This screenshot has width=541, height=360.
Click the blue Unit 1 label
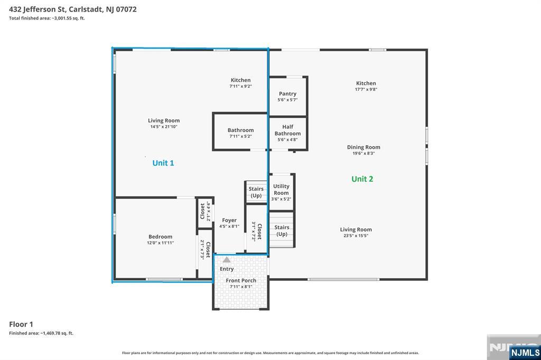[x=163, y=163]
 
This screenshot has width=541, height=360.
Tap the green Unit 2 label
[x=362, y=179]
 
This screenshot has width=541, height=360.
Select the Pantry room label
[x=288, y=94]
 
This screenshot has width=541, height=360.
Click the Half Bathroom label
[x=288, y=130]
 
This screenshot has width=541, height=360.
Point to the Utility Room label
[x=281, y=190]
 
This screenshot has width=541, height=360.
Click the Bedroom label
[x=161, y=236]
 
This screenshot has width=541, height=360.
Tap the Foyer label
[x=229, y=220]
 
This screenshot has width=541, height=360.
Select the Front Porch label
[x=241, y=280]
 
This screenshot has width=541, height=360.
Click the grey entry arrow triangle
[x=226, y=259]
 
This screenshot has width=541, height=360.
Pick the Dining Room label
[x=363, y=147]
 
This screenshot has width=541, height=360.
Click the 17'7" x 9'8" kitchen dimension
[x=366, y=89]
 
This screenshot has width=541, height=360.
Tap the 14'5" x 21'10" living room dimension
[x=164, y=127]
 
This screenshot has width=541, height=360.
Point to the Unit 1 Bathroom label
[x=240, y=130]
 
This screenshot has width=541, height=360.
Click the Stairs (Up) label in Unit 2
[x=282, y=231]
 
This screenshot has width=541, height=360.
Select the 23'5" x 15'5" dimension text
[x=356, y=236]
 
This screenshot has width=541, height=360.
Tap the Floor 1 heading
[x=21, y=324]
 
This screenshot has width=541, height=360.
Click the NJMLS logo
[x=525, y=353]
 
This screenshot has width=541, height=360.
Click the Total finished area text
[x=47, y=18]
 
